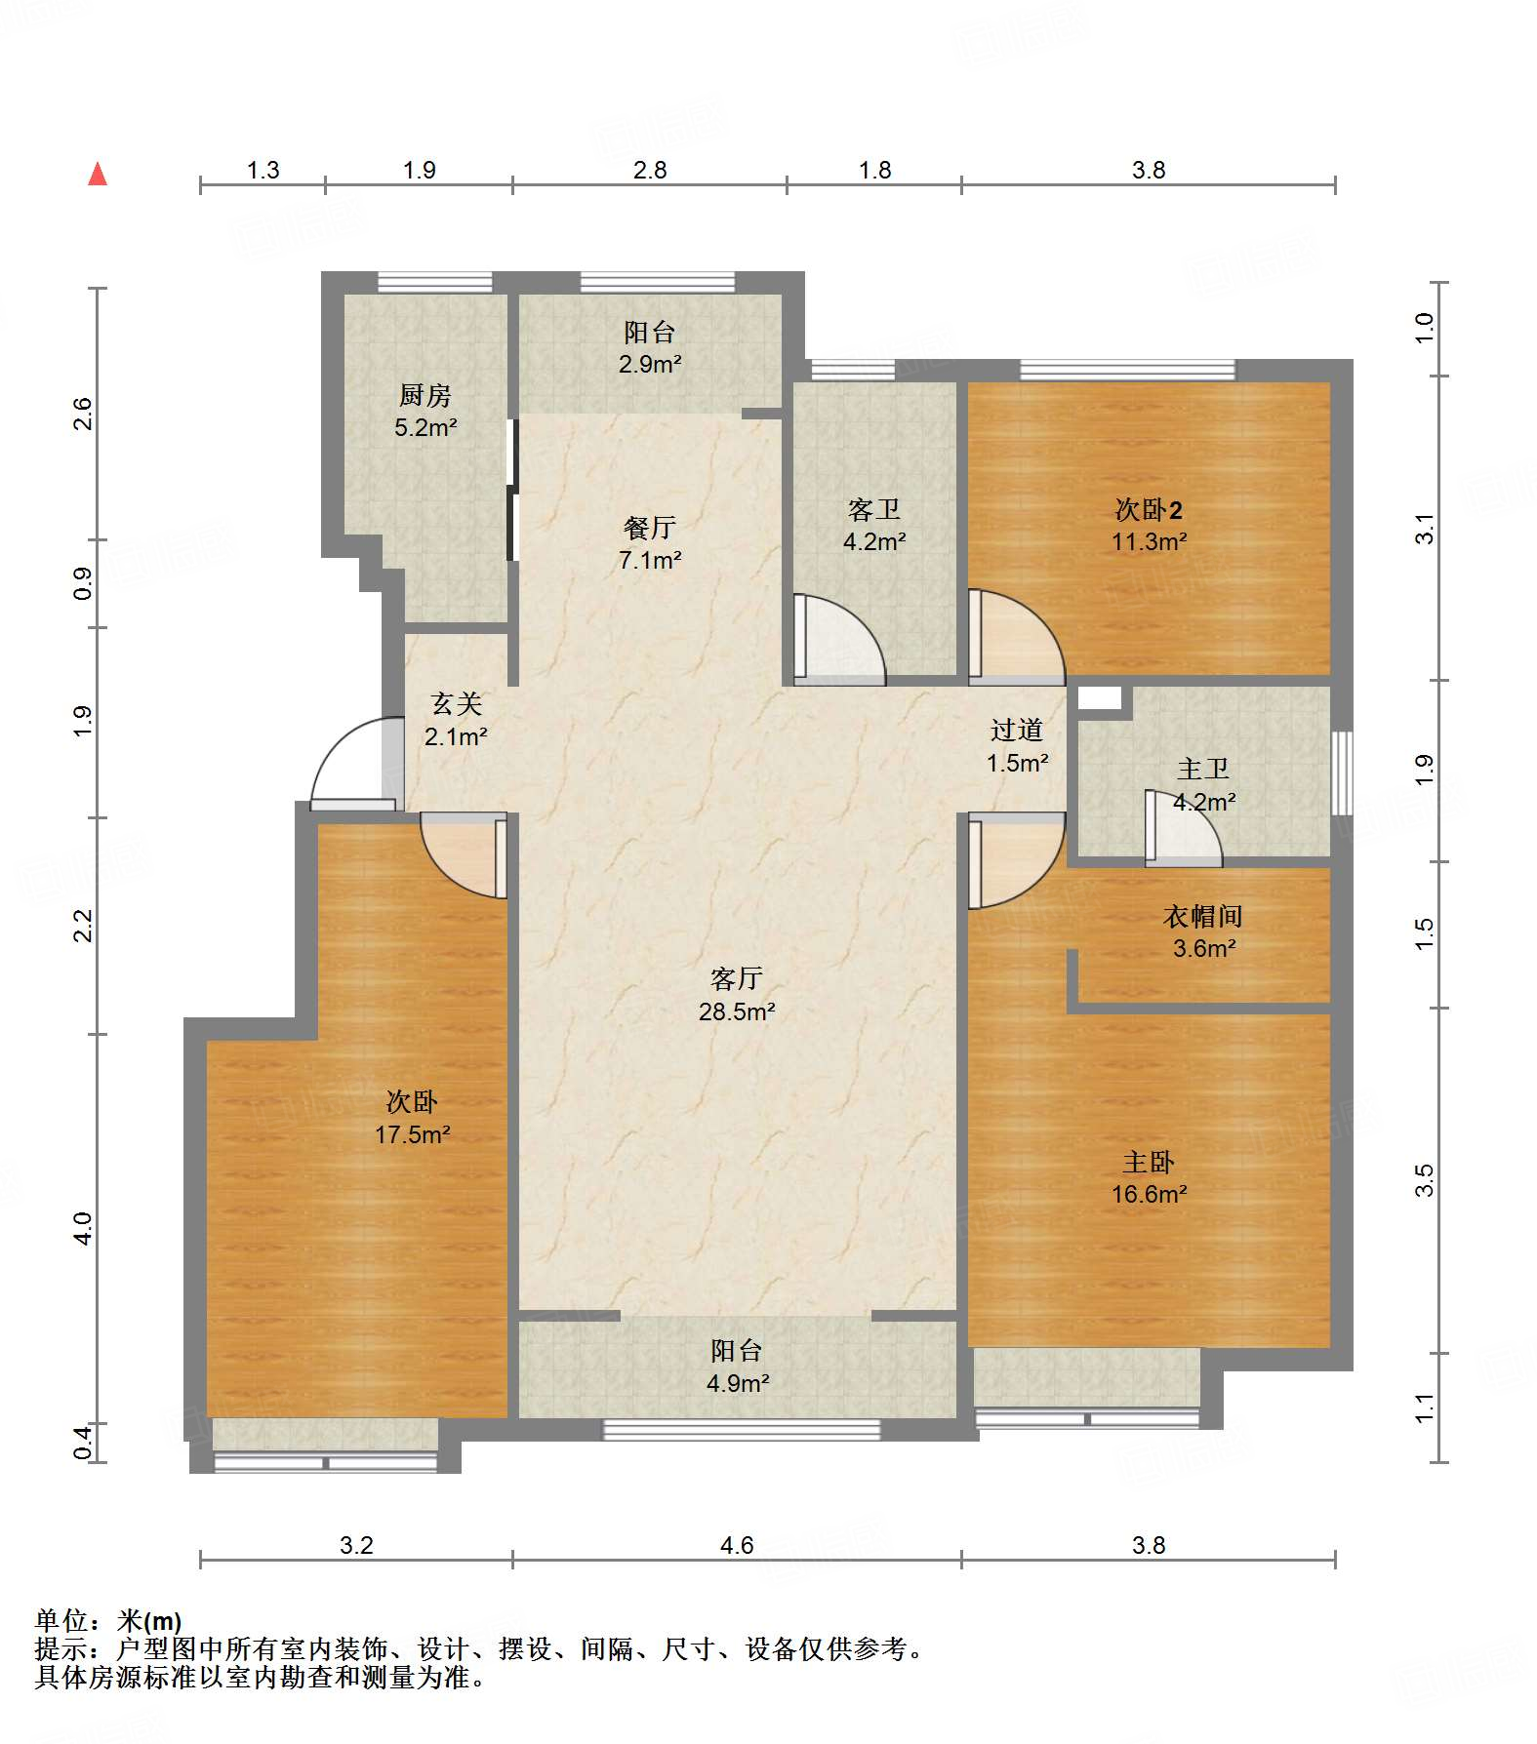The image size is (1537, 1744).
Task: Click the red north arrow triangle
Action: point(98,175)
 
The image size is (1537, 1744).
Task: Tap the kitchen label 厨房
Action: point(425,395)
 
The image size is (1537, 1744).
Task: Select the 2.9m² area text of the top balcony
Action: point(650,365)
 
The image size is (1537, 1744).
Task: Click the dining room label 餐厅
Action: point(650,528)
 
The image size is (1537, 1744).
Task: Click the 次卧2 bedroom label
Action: point(1149,509)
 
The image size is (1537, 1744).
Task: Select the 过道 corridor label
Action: point(1017,730)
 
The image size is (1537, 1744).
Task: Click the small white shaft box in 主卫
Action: point(1100,697)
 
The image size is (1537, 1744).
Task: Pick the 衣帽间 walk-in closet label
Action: point(1203,916)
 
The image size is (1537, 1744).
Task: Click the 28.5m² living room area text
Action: point(737,1011)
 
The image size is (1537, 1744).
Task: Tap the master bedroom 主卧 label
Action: point(1149,1162)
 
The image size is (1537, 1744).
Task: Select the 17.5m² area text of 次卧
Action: point(413,1134)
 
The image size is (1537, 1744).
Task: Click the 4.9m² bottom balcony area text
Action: point(738,1383)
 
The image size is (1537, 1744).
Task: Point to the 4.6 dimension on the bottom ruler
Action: point(737,1545)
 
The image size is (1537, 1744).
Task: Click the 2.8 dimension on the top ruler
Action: point(650,171)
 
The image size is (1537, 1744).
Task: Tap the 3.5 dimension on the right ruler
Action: point(1425,1180)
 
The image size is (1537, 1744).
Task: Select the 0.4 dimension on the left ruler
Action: point(83,1442)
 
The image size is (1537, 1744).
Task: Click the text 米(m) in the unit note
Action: point(149,1621)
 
